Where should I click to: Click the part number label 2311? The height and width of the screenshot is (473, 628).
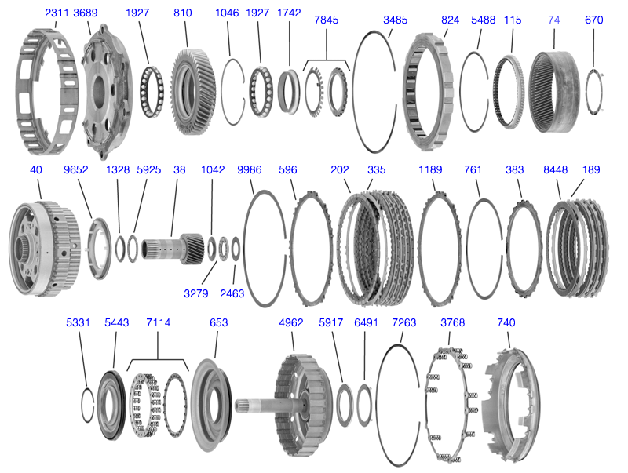pos(57,13)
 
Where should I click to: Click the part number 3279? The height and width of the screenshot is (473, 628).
pos(196,294)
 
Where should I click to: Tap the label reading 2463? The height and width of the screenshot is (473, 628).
pos(233,294)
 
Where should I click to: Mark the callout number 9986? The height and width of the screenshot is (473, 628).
pos(249,169)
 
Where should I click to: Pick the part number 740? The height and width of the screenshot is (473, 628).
pos(507,322)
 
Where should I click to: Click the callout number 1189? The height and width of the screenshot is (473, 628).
pos(430,169)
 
